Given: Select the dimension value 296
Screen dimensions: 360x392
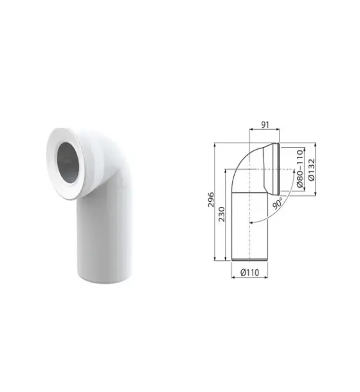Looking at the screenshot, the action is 212,199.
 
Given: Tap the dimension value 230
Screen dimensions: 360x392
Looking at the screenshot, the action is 222,214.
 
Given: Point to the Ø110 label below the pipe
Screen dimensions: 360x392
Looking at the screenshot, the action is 249,272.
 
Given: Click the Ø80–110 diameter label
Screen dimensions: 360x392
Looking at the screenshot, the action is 300,169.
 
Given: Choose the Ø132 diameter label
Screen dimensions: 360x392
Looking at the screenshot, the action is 312,170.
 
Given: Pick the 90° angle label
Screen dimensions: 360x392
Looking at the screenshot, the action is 277,203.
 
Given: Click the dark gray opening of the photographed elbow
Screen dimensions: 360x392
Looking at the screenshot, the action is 68,163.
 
